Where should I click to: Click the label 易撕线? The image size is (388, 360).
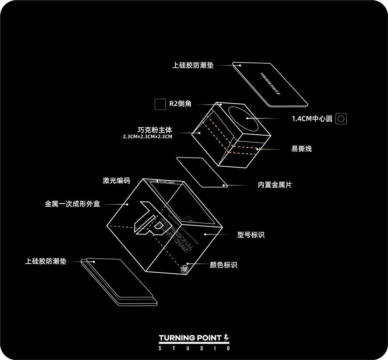tap(301, 149)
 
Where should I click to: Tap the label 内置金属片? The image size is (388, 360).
tap(275, 185)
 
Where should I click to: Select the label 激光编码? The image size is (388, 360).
tap(116, 181)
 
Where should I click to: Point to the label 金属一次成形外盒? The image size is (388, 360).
tap(72, 203)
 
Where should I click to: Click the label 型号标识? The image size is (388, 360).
tap(251, 235)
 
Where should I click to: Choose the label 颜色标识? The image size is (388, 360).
tap(223, 265)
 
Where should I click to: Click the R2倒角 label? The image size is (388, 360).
tap(180, 104)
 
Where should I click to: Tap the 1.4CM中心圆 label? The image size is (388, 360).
tap(312, 119)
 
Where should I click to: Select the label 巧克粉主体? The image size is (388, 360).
tap(155, 130)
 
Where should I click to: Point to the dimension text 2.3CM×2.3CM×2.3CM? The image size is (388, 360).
tap(147, 137)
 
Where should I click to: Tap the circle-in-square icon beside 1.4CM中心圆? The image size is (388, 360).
tap(341, 119)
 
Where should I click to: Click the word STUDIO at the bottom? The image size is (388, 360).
tap(194, 348)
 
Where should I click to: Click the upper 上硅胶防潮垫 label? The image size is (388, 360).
tap(193, 65)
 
